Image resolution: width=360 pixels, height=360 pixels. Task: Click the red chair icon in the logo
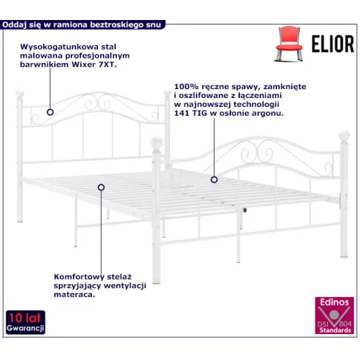[x=289, y=44]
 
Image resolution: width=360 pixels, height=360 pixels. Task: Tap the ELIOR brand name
[x=333, y=44]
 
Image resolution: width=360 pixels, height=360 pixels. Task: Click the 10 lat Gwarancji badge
[x=25, y=322]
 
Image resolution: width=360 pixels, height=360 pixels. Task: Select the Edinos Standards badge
[x=334, y=315]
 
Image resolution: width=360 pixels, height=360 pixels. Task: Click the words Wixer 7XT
[x=94, y=65]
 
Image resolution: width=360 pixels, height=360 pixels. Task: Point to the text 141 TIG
[x=191, y=113]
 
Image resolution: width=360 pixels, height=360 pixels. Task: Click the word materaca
[x=74, y=295]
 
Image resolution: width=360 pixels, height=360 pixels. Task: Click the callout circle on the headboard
[x=50, y=112]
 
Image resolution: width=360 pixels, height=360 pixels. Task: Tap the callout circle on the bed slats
[x=101, y=188]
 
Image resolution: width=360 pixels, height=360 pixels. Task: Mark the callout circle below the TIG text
[x=215, y=180]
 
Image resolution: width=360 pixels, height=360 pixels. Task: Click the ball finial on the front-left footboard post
[x=157, y=143]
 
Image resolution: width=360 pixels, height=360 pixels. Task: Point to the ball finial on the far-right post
[x=344, y=136]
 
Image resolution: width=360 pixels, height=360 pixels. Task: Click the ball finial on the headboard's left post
[x=19, y=94]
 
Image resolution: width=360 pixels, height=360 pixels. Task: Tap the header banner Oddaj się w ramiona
[x=82, y=24]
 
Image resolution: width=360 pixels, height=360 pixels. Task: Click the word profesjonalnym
[x=97, y=56]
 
